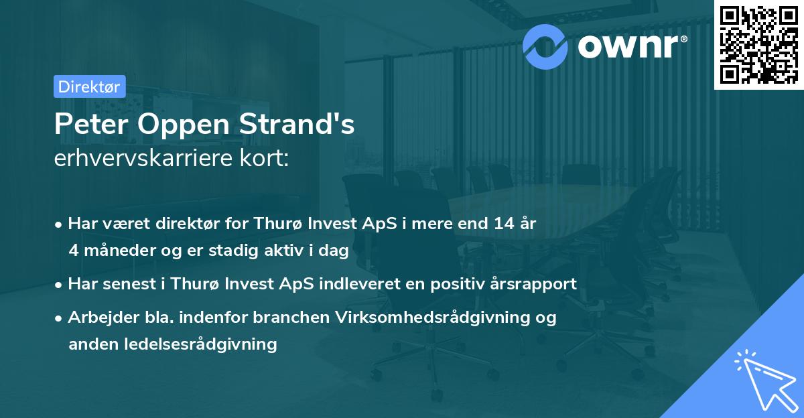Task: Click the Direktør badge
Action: (x=89, y=86)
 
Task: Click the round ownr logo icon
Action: (x=546, y=46)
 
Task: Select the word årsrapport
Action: (x=535, y=283)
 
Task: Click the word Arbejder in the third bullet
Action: (x=98, y=317)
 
